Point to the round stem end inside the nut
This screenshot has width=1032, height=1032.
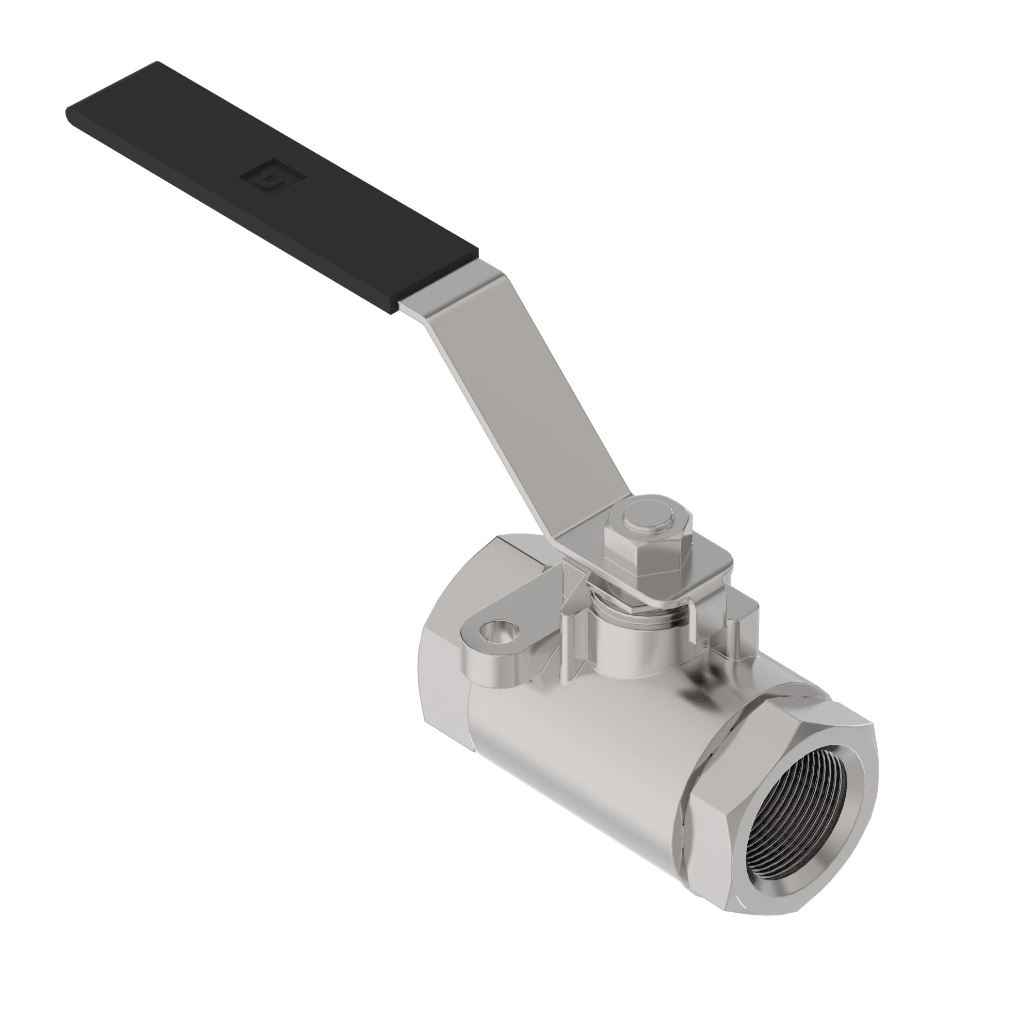[x=653, y=517]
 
